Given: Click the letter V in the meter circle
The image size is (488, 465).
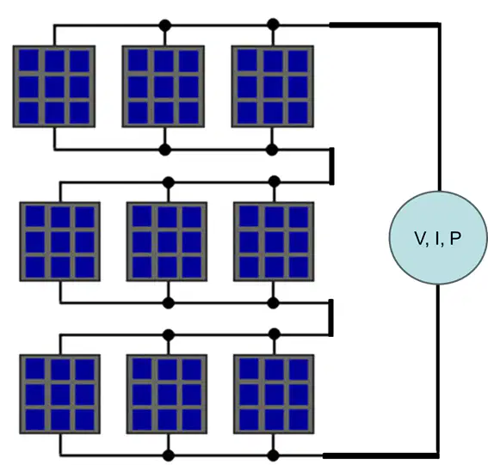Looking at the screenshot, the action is click(x=421, y=238).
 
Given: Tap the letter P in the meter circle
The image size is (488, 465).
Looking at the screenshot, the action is click(x=455, y=238).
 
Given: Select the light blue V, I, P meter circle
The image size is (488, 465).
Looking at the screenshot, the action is click(x=438, y=238).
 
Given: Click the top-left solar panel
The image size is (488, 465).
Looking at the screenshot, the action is click(x=54, y=87).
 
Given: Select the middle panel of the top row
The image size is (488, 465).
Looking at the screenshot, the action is click(x=164, y=87).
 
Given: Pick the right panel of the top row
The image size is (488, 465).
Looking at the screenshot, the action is click(x=273, y=87).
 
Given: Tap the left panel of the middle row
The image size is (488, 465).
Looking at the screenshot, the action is click(x=60, y=242).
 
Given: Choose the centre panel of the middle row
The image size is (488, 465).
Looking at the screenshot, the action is click(x=167, y=242).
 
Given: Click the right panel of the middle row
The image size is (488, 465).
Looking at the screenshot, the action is click(x=274, y=242).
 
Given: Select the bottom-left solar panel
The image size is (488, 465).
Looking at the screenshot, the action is click(x=60, y=395).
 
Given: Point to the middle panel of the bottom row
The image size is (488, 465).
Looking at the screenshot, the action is click(x=167, y=395).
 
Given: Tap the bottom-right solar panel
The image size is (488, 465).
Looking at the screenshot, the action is click(x=274, y=395).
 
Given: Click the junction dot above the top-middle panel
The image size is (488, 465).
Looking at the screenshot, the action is click(x=165, y=25).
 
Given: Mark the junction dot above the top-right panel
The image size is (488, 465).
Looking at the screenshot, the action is click(x=273, y=25).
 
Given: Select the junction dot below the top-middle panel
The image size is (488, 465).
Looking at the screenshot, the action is click(x=165, y=150).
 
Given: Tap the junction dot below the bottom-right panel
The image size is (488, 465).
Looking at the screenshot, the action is click(x=273, y=456).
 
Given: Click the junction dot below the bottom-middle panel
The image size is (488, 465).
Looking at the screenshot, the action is click(x=169, y=456).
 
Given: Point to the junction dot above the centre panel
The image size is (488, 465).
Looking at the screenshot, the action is click(x=169, y=182).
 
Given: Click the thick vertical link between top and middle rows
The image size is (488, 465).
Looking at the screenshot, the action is click(x=331, y=166).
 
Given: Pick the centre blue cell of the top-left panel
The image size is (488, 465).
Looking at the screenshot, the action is click(x=54, y=87).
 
